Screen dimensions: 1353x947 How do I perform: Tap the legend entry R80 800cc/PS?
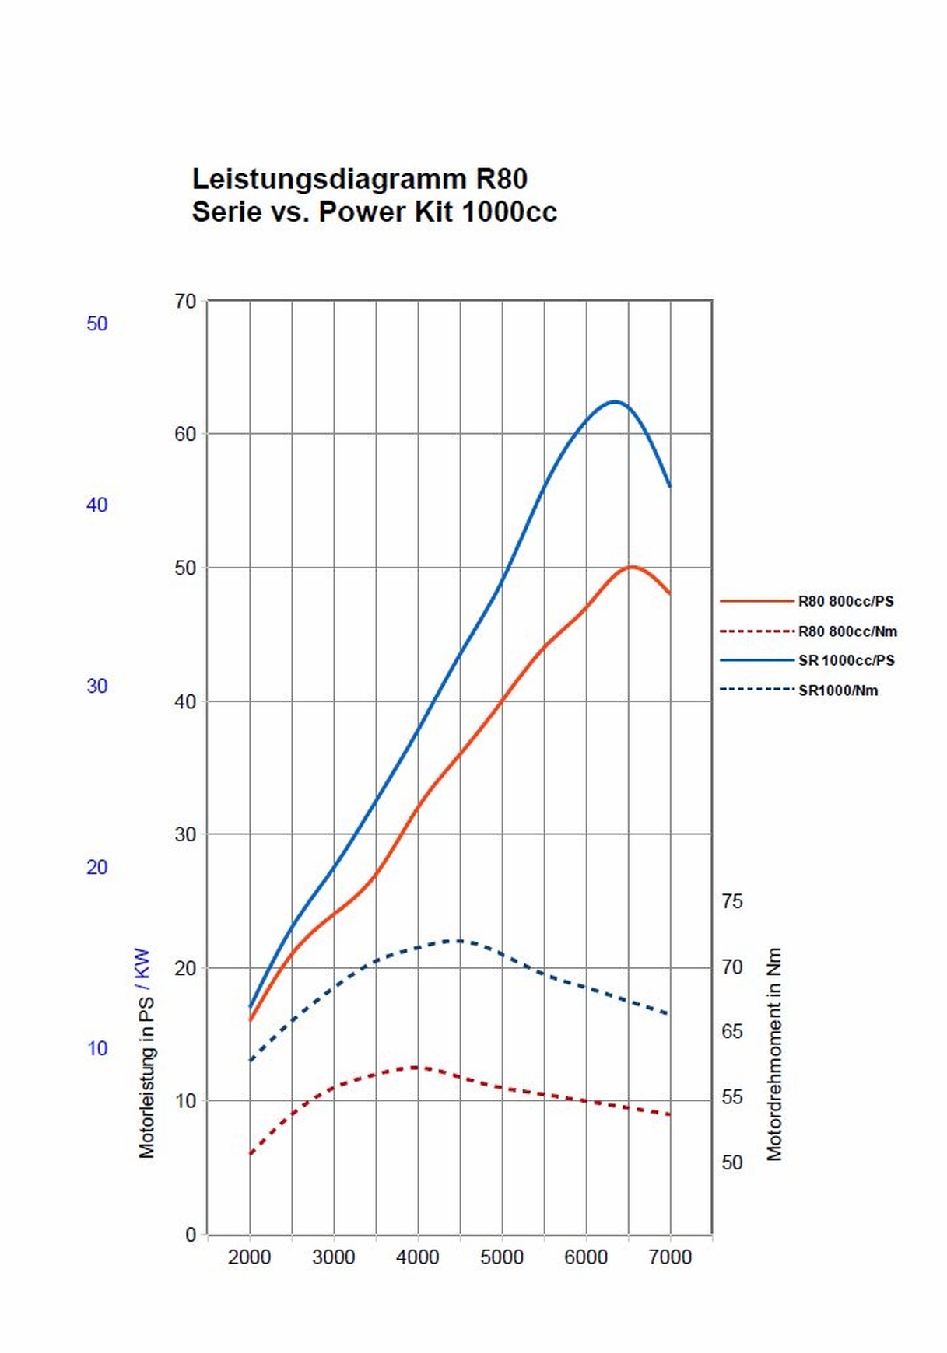pos(845,601)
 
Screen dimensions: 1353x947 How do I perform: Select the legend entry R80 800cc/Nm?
pos(847,631)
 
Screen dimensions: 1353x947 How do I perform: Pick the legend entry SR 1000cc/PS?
pos(846,660)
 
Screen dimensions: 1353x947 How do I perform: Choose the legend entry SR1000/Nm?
pos(837,690)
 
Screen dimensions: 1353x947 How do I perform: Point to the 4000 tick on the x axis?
pos(418,1257)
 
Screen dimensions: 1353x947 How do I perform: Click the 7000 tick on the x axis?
pos(670,1257)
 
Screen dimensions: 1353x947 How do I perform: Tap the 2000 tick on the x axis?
pos(249,1257)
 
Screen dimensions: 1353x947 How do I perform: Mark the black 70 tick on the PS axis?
pos(185,301)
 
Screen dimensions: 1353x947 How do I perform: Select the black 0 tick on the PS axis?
pos(191,1235)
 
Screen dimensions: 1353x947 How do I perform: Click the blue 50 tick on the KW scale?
pos(97,323)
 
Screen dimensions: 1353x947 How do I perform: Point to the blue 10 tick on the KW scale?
pos(97,1048)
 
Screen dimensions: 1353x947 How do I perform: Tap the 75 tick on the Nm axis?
pos(732,901)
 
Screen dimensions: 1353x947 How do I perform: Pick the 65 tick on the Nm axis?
pos(732,1031)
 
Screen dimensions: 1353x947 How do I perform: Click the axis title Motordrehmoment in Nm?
pos(774,1054)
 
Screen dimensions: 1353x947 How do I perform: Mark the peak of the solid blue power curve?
pos(615,401)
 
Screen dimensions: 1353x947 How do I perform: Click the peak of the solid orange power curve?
pos(631,567)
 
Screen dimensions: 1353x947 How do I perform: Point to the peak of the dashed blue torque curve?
pos(459,941)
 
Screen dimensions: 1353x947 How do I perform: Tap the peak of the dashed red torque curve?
pos(415,1067)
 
